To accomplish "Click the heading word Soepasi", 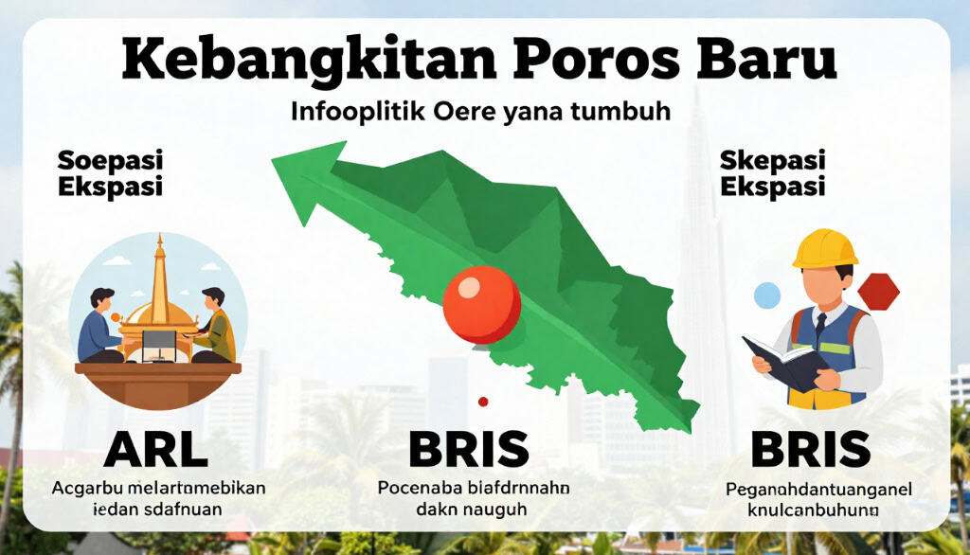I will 110,159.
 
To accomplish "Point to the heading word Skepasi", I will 772,159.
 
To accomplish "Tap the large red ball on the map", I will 481,303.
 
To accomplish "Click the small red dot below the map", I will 483,402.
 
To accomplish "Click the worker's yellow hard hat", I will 824,248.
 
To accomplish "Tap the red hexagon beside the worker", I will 878,292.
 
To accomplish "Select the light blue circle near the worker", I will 766,295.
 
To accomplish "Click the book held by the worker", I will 777,362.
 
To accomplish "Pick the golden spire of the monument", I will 158,270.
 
